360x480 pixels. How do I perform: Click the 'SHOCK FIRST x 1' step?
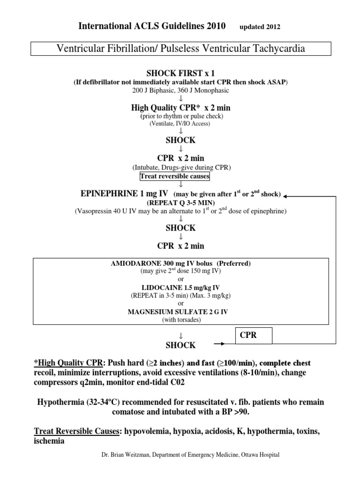180,74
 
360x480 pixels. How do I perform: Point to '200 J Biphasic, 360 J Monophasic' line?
180,90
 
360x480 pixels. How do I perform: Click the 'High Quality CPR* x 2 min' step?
180,108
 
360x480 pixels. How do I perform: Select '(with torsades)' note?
180,320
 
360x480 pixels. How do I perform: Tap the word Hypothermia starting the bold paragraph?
60,403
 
